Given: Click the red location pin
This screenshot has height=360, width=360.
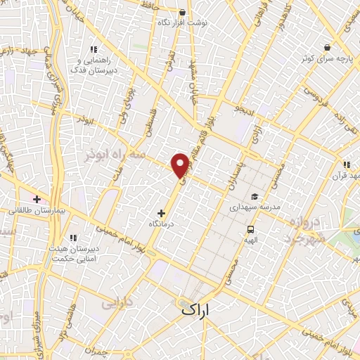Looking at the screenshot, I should pos(181,165).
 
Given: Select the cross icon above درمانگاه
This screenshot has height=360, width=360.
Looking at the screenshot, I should pos(162,212).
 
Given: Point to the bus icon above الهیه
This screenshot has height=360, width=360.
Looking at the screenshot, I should pos(250,229).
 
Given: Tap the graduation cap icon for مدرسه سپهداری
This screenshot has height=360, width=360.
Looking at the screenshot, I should pos(254,197).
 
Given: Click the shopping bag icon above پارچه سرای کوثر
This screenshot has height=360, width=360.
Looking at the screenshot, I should pos(327,47).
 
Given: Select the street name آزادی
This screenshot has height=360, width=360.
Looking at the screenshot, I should pos(257,134).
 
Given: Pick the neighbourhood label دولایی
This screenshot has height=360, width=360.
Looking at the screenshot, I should pos(116,304).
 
